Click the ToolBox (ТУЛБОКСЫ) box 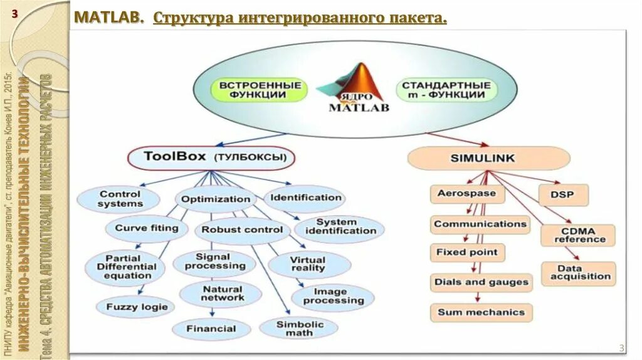click(211, 157)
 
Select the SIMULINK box click(488, 158)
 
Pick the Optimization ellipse click(215, 199)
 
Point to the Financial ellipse click(211, 329)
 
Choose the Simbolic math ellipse click(299, 328)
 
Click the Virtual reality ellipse click(307, 264)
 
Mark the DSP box click(564, 194)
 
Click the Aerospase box click(467, 193)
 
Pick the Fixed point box click(467, 253)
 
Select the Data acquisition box click(579, 273)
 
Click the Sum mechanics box click(481, 312)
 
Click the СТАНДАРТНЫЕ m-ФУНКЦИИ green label click(446, 90)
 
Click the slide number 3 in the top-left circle click(14, 14)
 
